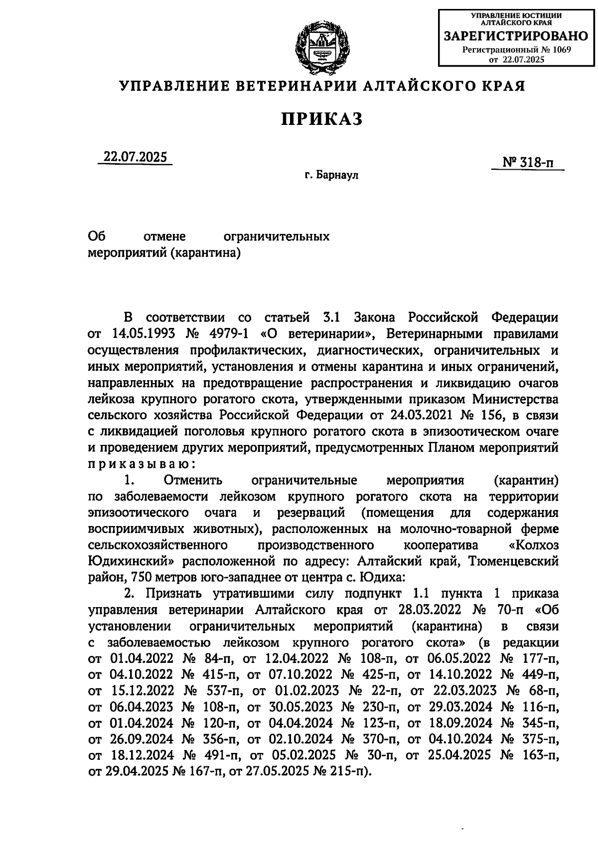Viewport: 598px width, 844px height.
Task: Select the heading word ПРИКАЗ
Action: pos(322,119)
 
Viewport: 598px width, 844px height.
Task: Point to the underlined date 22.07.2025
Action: pos(135,157)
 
